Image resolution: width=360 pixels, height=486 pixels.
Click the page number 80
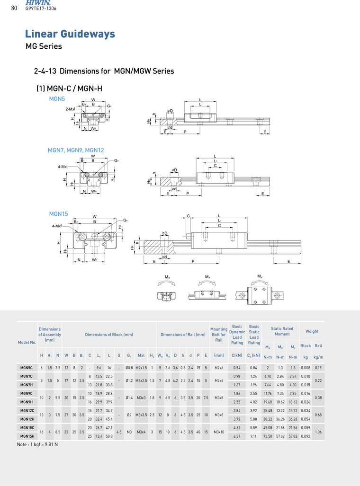point(14,8)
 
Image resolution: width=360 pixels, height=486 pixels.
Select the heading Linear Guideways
point(70,34)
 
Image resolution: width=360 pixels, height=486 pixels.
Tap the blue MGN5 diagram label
point(57,98)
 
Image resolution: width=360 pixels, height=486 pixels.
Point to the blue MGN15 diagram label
point(59,214)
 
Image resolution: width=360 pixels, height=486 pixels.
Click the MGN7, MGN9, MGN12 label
point(76,150)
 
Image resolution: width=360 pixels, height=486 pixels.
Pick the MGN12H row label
point(26,419)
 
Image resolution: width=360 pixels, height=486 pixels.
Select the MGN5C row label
point(26,367)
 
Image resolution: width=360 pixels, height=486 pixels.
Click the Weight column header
point(312,331)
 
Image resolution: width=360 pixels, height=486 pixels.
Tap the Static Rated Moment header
point(282,331)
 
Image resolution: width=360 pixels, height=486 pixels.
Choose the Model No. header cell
point(27,342)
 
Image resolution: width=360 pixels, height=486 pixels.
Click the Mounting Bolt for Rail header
point(219,335)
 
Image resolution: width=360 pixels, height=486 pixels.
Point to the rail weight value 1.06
point(318,432)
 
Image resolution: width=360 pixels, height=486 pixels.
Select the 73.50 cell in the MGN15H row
point(268,436)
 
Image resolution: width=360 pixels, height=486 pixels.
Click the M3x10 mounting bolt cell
point(219,432)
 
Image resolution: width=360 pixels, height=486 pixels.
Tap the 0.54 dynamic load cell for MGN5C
point(237,367)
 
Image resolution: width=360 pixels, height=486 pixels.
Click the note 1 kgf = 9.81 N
point(37,444)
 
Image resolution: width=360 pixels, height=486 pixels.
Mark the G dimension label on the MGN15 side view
point(188,216)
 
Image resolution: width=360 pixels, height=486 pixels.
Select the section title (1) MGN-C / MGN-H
point(69,88)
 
